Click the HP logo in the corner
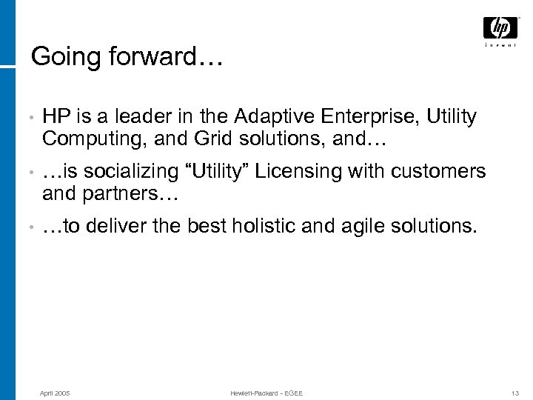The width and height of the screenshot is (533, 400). point(500,30)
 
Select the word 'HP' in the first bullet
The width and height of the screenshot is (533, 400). point(56,116)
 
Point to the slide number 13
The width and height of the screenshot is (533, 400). point(514,391)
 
